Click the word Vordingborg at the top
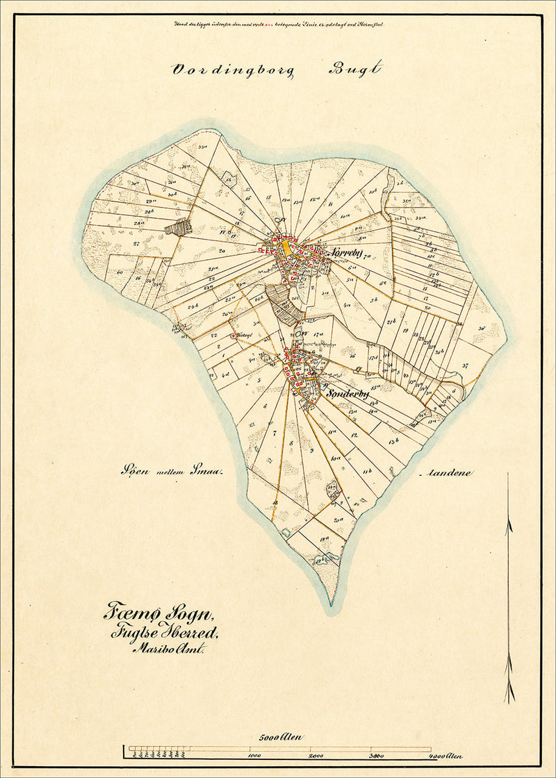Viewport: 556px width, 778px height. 232,70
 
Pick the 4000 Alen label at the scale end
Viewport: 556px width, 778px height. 445,756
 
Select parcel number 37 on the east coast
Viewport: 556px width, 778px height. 465,365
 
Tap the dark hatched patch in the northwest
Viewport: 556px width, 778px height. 178,226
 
